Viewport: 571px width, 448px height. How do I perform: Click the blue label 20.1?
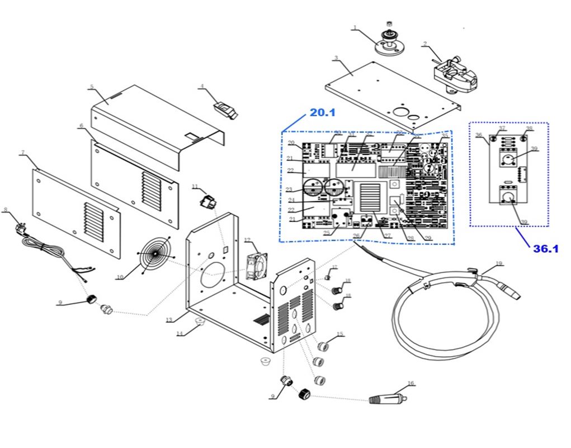point(322,113)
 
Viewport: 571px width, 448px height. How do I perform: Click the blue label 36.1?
point(545,249)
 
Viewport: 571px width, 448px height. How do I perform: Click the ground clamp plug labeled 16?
point(388,399)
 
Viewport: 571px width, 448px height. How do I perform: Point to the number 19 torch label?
point(499,263)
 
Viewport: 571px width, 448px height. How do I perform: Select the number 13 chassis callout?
point(170,319)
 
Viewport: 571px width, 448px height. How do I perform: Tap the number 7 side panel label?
point(22,153)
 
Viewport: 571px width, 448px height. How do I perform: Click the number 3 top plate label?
point(336,58)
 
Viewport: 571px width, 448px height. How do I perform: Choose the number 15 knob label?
point(340,334)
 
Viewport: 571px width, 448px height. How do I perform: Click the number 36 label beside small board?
point(478,135)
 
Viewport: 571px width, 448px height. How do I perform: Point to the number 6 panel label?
point(82,126)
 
